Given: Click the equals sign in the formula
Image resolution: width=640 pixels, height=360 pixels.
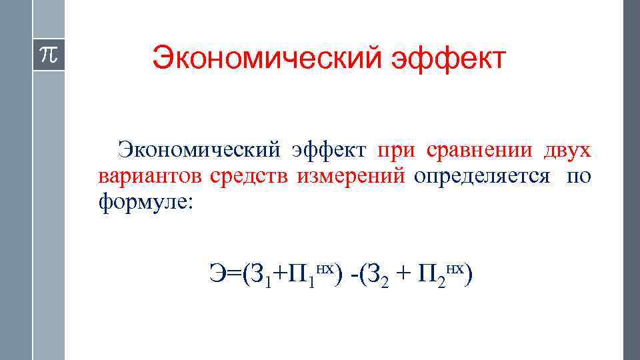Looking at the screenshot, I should [x=234, y=274].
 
